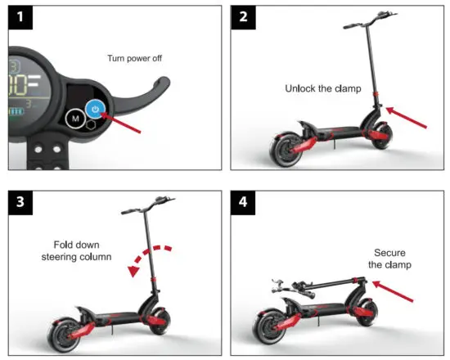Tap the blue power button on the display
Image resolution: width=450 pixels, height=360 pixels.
pyautogui.click(x=95, y=108)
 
